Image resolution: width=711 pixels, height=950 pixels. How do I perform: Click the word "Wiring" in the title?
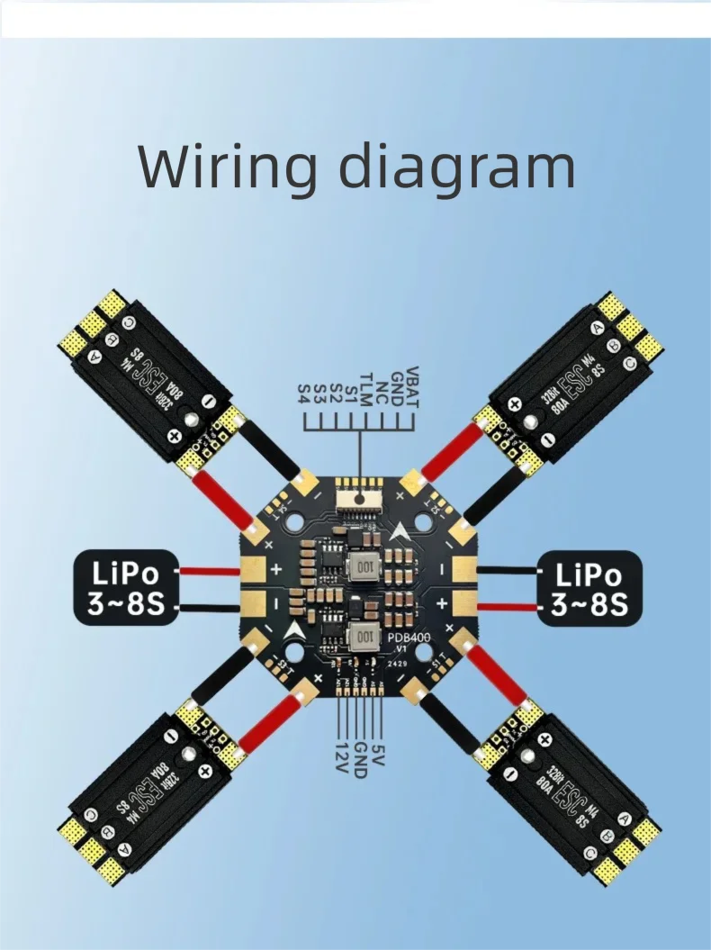click(229, 167)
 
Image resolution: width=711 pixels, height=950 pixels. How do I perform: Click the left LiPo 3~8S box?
click(125, 586)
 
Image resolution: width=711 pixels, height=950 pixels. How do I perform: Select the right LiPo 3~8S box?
click(589, 588)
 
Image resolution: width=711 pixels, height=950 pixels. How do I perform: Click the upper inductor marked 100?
click(364, 567)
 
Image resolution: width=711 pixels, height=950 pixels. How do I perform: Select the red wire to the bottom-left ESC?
click(264, 726)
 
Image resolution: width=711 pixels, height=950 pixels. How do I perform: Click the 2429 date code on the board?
click(397, 662)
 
